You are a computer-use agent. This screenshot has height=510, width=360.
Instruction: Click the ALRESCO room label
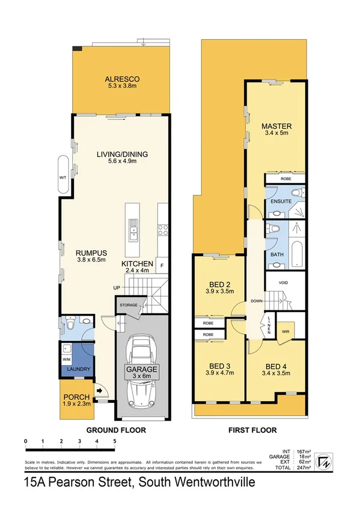click(x=122, y=78)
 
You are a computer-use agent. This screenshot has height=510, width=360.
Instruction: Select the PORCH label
click(x=76, y=398)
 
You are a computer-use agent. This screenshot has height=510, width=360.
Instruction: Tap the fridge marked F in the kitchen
click(x=162, y=265)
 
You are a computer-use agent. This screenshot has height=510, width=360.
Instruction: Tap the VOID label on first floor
click(x=284, y=282)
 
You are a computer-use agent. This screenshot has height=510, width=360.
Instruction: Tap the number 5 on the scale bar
click(x=114, y=441)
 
